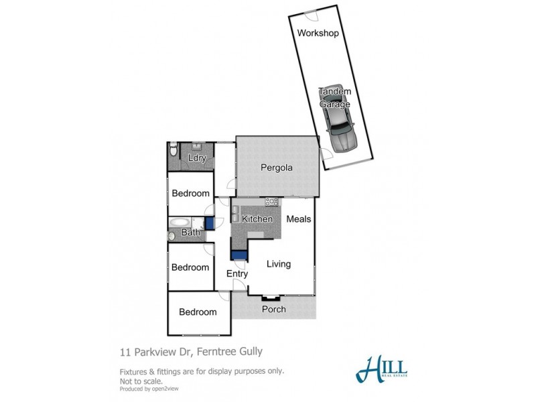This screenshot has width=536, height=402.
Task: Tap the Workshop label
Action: (317, 33)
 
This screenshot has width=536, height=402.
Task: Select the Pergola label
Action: (276, 168)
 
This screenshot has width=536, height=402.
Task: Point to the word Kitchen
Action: (257, 219)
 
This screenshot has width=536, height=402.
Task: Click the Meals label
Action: (299, 219)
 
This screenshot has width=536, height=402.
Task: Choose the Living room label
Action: (279, 264)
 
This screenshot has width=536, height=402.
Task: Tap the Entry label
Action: (237, 274)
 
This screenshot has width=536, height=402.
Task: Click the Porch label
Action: (273, 310)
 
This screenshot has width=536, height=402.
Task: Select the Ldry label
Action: (197, 158)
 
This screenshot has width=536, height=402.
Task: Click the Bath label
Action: (191, 233)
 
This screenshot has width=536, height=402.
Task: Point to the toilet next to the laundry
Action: (174, 149)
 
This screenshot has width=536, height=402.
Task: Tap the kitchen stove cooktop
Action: (271, 202)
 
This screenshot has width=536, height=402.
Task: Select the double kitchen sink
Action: (236, 214)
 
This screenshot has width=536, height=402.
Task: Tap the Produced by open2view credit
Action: (149, 388)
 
